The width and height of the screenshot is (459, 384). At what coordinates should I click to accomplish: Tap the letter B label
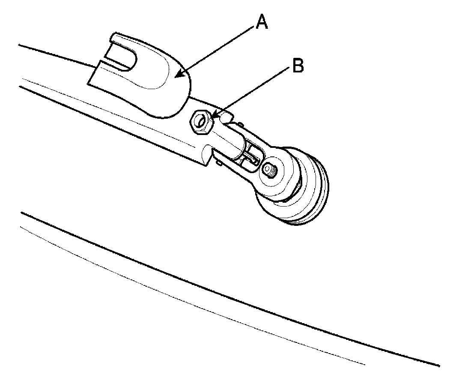[298, 66]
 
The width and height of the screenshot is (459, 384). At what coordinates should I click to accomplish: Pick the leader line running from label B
[253, 92]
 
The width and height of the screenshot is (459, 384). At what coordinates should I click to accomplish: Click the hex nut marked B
[200, 122]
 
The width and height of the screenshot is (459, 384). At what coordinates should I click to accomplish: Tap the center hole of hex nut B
[200, 122]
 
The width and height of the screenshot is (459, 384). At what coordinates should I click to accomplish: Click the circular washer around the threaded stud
[271, 171]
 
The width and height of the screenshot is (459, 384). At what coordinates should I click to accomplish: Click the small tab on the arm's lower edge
[219, 162]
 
